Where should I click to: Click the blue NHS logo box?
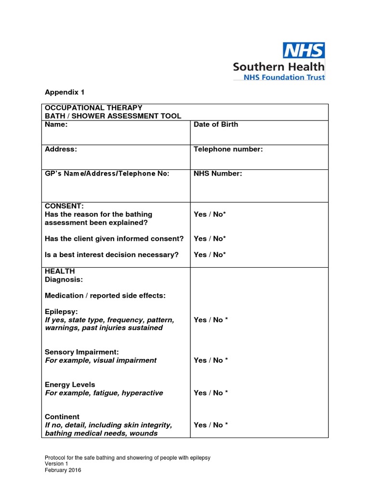pos(303,50)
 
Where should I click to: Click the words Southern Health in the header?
pos(278,66)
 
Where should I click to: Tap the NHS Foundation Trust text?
pos(284,77)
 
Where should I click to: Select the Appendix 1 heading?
pos(65,92)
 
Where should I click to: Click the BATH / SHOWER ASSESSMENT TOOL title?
pos(113,116)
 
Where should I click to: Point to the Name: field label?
pos(56,124)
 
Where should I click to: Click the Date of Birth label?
pos(215,124)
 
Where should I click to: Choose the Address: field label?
pos(61,149)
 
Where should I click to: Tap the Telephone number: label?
pos(228,149)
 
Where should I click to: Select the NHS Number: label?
pos(218,174)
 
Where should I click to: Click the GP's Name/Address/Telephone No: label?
pos(107,174)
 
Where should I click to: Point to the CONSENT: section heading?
pos(64,206)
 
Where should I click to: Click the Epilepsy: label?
pos(61,312)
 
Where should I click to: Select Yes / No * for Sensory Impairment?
pos(211,360)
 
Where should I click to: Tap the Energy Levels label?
pos(70,384)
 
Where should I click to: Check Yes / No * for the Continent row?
pos(211,425)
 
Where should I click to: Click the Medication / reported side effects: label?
pos(105,295)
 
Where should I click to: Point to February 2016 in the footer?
pos(63,470)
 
